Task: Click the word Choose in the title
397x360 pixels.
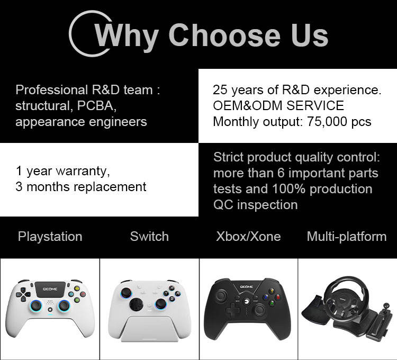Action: pos(224,35)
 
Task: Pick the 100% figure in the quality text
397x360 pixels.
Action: pos(288,189)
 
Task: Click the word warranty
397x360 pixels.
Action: pos(83,172)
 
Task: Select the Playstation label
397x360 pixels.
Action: pos(50,237)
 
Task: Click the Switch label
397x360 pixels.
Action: pos(149,237)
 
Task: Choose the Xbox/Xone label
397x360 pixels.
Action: pos(248,237)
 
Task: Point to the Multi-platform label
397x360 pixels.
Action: pos(347,237)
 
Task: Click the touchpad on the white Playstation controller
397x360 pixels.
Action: pos(50,289)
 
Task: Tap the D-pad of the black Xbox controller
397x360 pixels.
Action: pos(232,309)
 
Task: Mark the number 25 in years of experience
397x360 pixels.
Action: pos(220,90)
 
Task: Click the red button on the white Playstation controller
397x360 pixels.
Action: pos(83,294)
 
